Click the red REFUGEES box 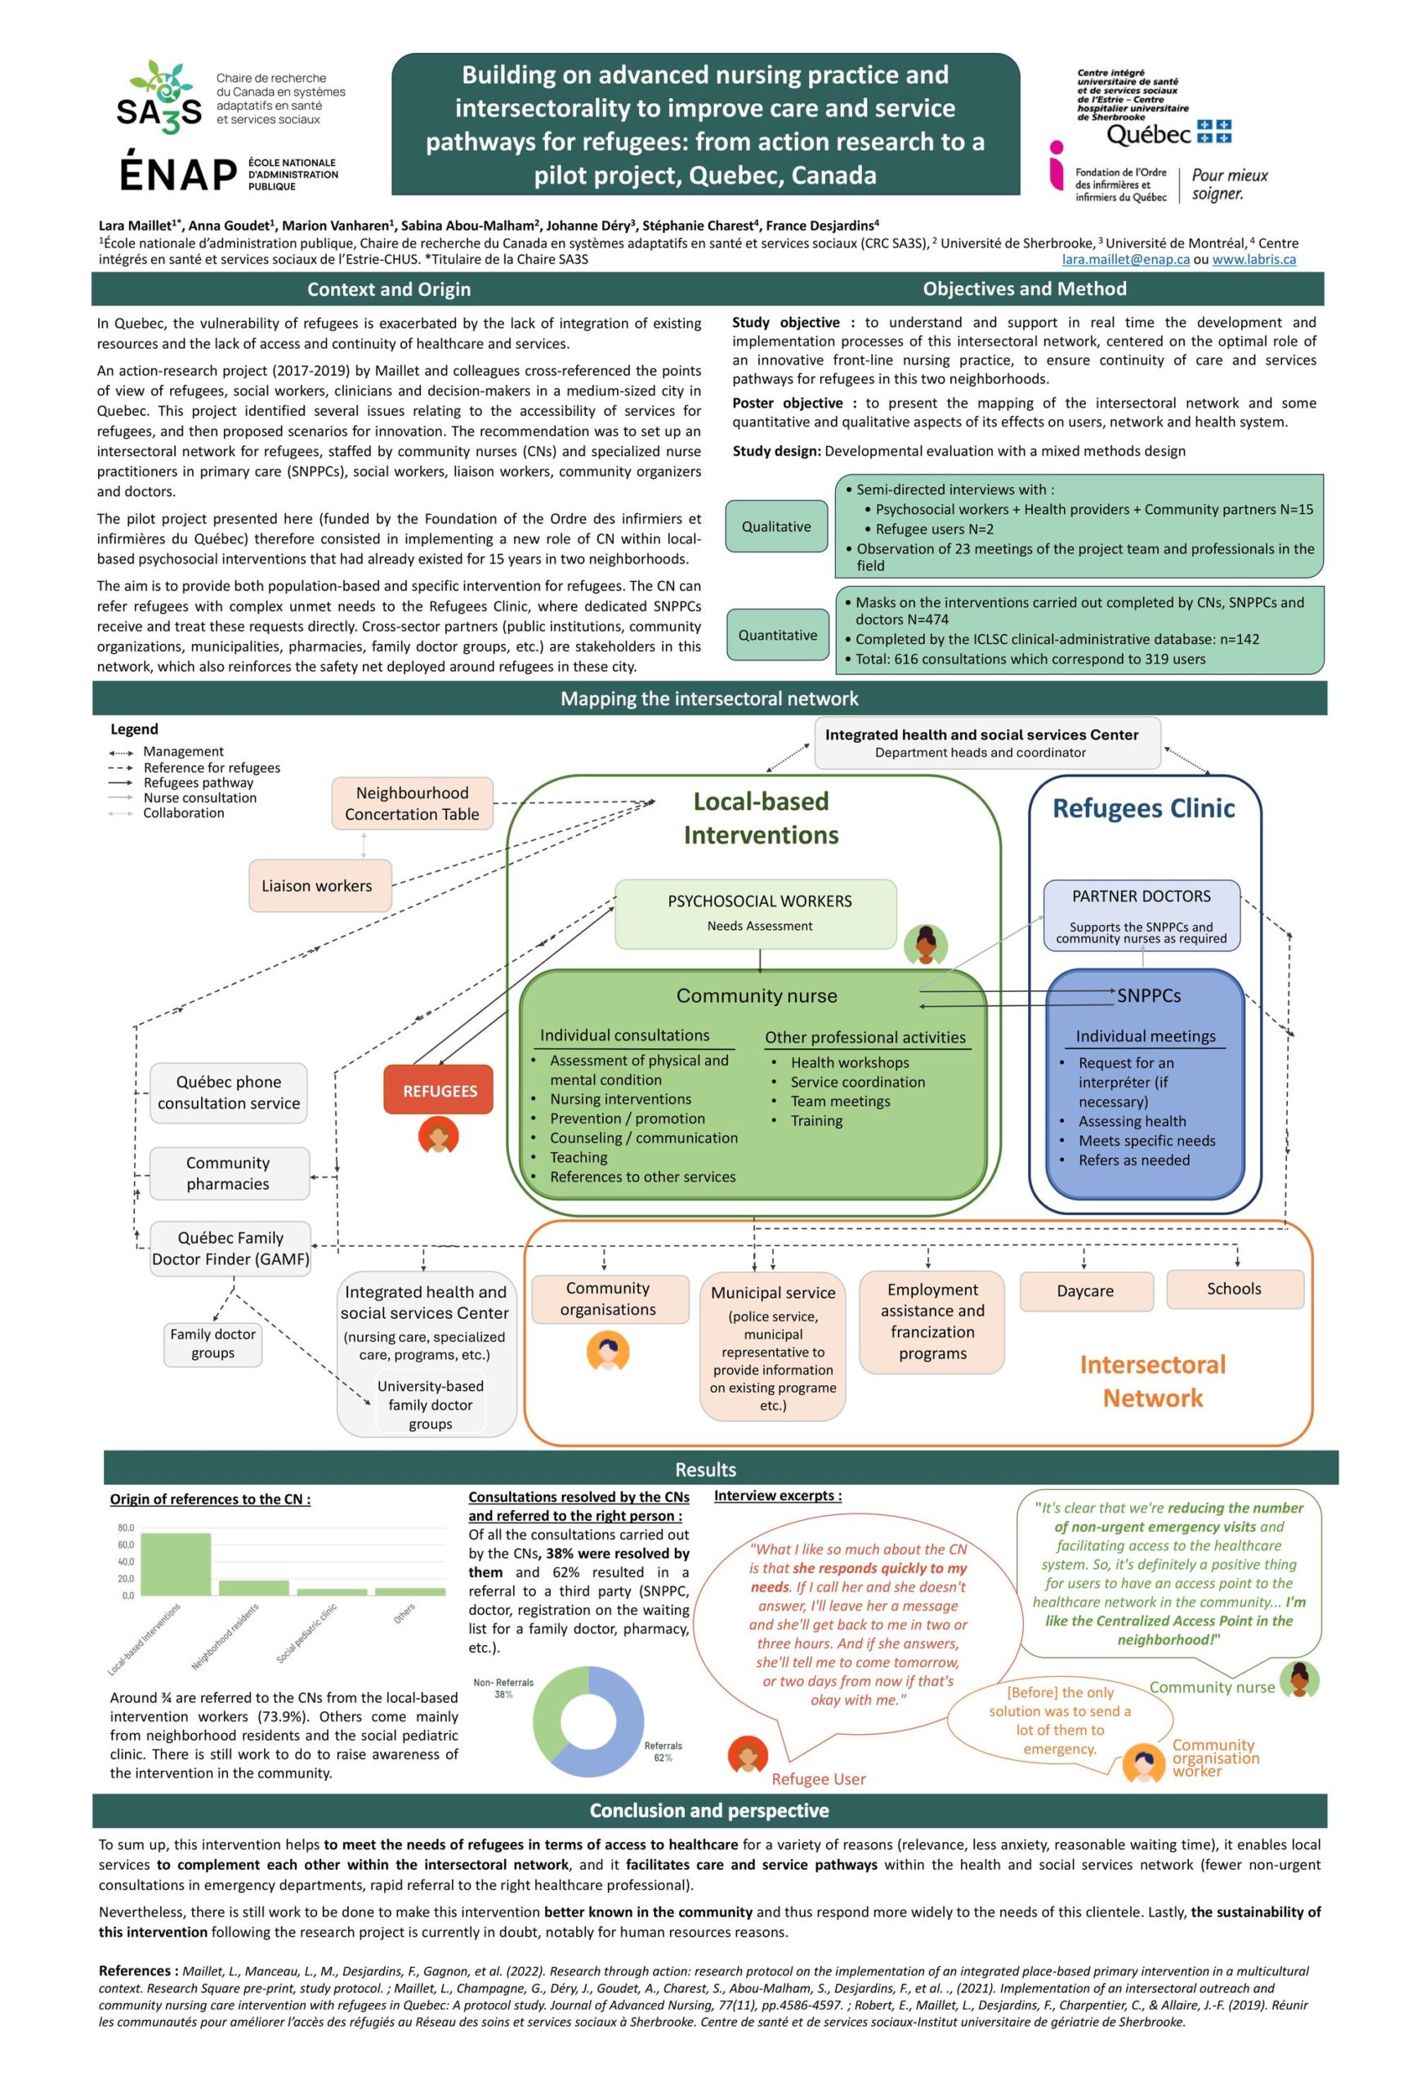pos(438,1090)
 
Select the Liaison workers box pos(316,886)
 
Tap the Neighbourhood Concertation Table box pos(411,804)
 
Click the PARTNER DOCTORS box pos(1140,914)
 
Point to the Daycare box pos(1084,1291)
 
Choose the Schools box pos(1233,1289)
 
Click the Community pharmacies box pos(228,1173)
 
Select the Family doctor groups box pos(212,1343)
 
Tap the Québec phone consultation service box pos(229,1092)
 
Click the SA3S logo pos(160,99)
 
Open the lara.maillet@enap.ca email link pos(1125,259)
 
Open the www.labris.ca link pos(1253,259)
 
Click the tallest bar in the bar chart pos(176,1563)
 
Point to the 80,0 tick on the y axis pos(125,1527)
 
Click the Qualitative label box pos(775,526)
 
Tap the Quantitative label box pos(778,635)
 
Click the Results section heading pos(705,1469)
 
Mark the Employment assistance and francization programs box pos(932,1321)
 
